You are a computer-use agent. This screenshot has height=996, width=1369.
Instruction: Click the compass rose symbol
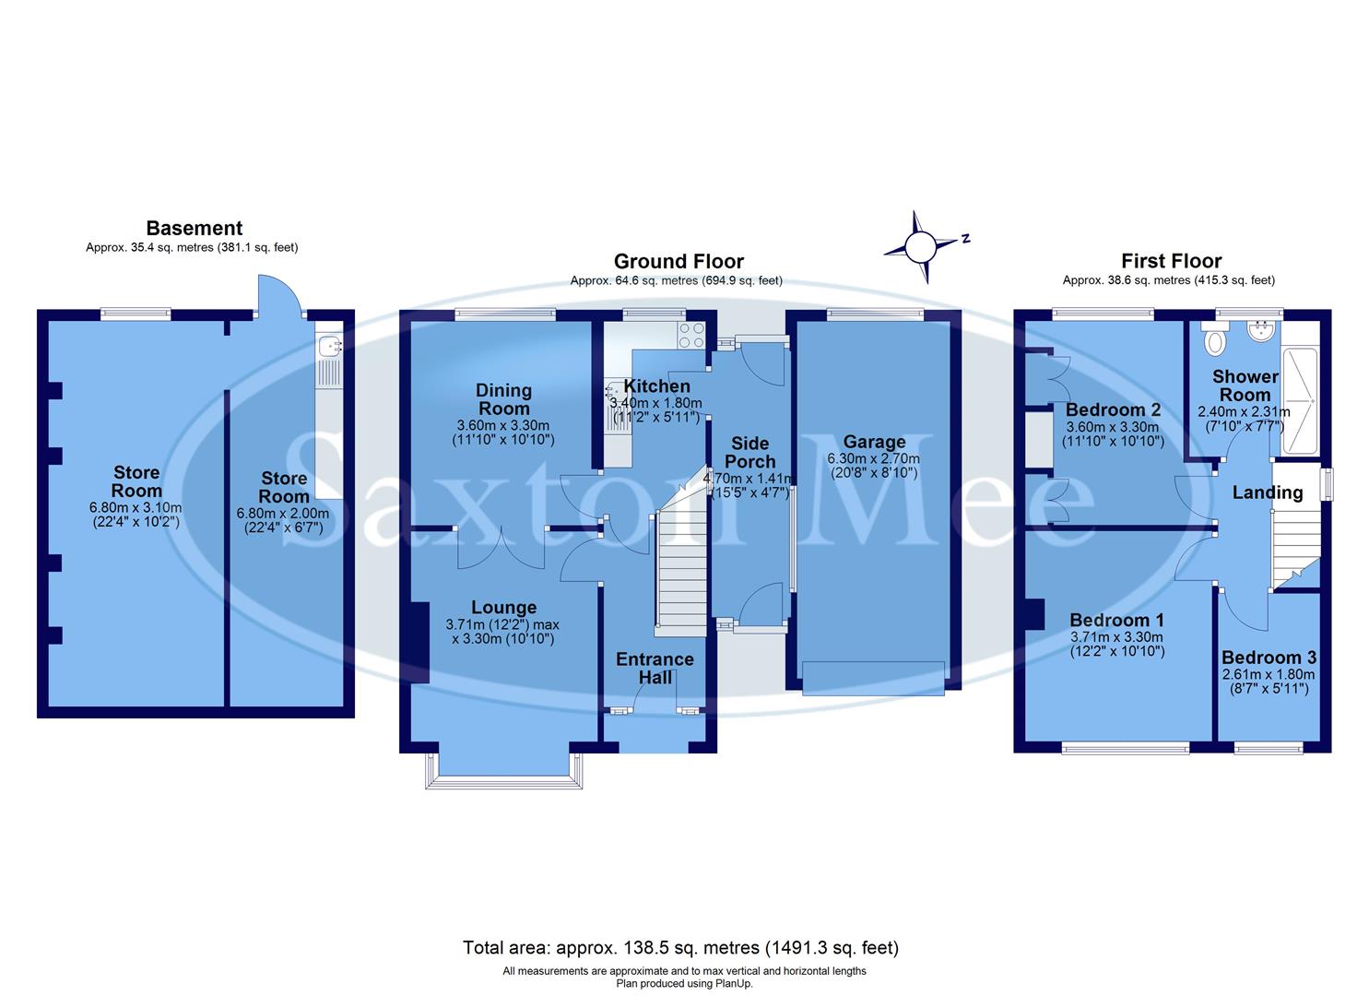point(920,247)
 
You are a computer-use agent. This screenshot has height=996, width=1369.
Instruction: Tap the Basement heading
point(194,228)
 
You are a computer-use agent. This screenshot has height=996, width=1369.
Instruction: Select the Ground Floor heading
point(678,262)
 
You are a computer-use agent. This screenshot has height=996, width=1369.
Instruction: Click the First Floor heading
point(1171,261)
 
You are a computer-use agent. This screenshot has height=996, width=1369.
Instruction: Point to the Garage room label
point(874,442)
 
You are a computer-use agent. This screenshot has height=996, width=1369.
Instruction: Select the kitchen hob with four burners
point(691,335)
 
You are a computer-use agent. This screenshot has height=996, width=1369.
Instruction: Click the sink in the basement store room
point(328,347)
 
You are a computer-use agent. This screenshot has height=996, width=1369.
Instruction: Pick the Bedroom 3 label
point(1269,658)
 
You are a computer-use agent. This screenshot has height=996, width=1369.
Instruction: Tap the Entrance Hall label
point(655,668)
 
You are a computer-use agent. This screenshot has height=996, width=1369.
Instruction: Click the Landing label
point(1268,492)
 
